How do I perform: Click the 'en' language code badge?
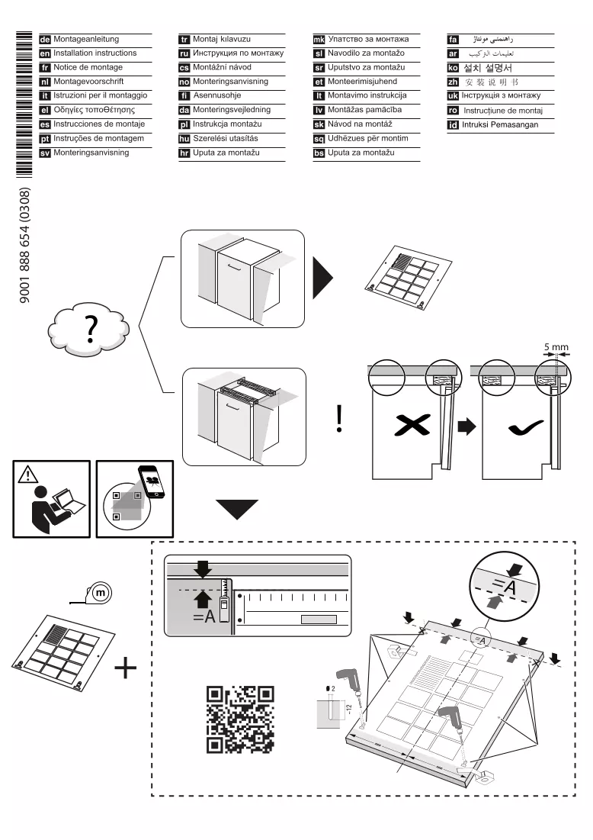[x=45, y=53]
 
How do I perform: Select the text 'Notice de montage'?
[x=88, y=67]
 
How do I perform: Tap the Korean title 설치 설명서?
[x=488, y=68]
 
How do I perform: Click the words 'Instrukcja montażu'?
[x=227, y=124]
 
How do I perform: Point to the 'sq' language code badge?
[x=319, y=139]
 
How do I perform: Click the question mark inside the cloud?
[x=91, y=329]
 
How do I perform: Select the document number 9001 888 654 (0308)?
[x=24, y=245]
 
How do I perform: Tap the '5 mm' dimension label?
[x=556, y=347]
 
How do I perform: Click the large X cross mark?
[x=412, y=426]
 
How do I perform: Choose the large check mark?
[x=526, y=427]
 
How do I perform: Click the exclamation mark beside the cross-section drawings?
[x=339, y=418]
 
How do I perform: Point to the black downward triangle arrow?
[x=236, y=510]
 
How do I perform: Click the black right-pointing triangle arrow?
[x=322, y=278]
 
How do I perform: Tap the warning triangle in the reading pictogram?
[x=27, y=474]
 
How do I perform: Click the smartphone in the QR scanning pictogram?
[x=152, y=481]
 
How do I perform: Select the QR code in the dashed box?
[x=240, y=719]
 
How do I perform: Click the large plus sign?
[x=126, y=668]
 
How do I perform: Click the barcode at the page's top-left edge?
[x=24, y=105]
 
